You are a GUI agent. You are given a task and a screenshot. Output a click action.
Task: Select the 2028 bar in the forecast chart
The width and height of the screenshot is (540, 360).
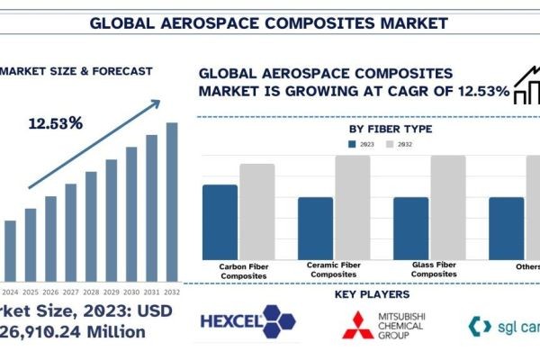pos(91,224)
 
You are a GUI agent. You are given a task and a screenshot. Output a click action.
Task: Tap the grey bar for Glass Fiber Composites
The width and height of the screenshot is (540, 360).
pos(447,206)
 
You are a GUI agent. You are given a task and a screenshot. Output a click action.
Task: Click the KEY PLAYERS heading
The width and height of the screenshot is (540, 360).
pos(372,294)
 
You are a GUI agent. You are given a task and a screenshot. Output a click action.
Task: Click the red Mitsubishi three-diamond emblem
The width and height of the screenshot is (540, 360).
pos(355,325)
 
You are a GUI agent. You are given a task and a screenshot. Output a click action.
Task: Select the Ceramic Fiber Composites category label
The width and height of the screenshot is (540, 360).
pos(334,270)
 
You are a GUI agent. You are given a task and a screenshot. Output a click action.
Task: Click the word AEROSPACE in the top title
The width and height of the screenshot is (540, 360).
pos(220,20)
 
